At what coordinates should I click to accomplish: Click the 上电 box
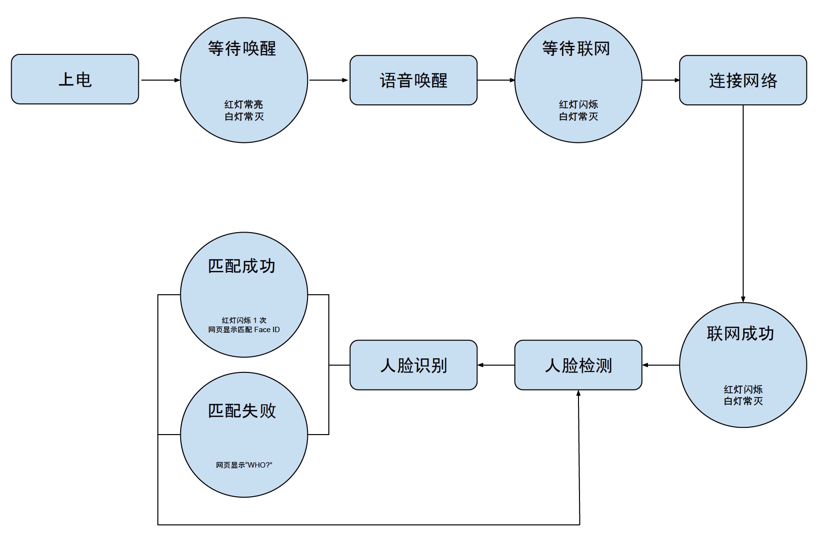click(x=75, y=79)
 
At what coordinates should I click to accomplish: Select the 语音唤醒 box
click(x=413, y=80)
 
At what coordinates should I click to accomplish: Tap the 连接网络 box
click(x=743, y=80)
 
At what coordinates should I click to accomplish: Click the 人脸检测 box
click(x=578, y=365)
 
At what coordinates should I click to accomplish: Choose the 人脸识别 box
click(x=413, y=365)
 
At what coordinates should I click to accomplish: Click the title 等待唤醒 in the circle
click(x=242, y=49)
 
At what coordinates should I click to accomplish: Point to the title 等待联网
click(x=576, y=49)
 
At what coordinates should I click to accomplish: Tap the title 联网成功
click(x=740, y=334)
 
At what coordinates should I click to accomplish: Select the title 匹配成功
click(x=242, y=266)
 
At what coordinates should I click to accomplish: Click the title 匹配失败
click(x=242, y=411)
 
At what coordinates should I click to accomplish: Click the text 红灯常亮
click(x=243, y=104)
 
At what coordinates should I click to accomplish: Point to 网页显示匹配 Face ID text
click(x=244, y=330)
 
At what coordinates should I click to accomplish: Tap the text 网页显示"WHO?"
click(x=244, y=465)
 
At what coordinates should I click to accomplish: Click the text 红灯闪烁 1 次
click(x=244, y=320)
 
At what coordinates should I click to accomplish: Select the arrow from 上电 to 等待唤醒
click(x=160, y=80)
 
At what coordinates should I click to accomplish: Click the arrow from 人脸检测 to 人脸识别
click(x=496, y=365)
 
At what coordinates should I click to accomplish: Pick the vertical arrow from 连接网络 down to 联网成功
click(x=743, y=204)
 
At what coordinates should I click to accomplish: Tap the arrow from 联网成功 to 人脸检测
click(x=661, y=365)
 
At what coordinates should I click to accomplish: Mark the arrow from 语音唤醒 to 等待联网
click(x=496, y=80)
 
